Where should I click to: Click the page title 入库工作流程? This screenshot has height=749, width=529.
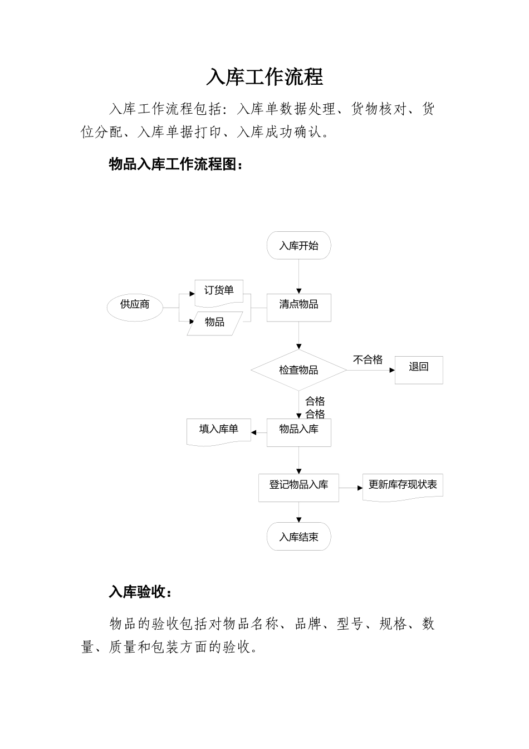point(264,77)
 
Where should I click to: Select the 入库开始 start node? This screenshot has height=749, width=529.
point(299,246)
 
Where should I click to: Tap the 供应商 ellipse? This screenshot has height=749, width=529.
point(135,305)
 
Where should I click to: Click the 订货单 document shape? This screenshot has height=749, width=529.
point(219,291)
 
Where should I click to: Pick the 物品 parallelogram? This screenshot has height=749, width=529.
point(215,323)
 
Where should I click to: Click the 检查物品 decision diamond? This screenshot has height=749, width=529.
point(299,370)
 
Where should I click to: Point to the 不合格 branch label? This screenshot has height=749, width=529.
point(368,360)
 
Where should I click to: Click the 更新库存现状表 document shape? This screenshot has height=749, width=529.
point(403,487)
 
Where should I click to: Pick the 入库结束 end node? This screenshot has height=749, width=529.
point(299,537)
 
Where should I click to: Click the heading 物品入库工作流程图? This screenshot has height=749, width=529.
point(175,164)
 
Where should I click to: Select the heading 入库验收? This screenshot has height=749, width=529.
point(140,592)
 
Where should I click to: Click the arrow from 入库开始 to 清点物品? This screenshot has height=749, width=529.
point(299,276)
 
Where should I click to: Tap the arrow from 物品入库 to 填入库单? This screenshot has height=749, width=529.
point(259,432)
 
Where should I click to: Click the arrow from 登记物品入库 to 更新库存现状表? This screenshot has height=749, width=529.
point(351,488)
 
